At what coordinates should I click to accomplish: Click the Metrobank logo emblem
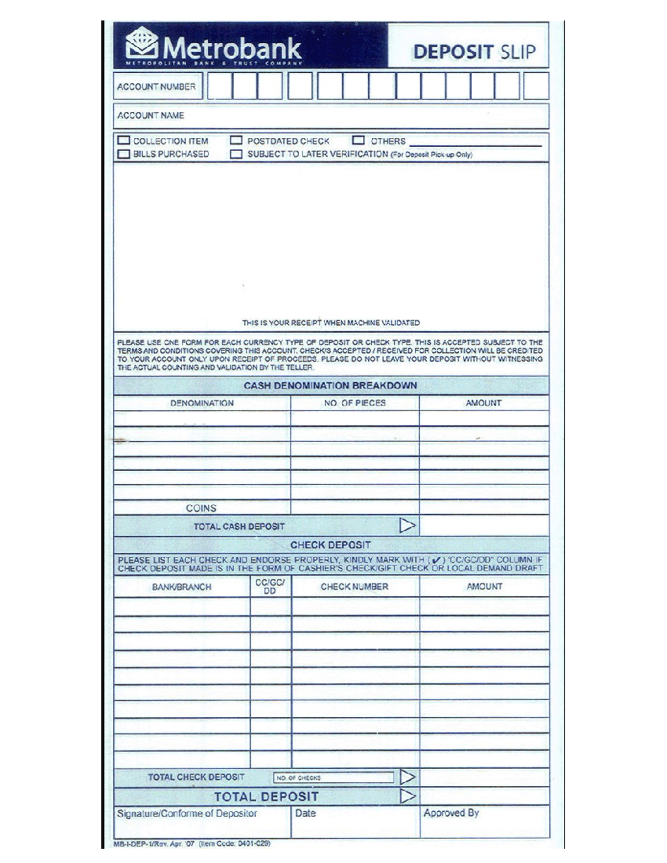[x=142, y=42]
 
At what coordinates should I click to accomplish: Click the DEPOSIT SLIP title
[x=474, y=52]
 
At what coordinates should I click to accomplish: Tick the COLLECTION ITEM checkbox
[x=123, y=141]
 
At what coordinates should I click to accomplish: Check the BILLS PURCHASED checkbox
[x=123, y=154]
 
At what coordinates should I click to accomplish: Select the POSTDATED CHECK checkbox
[x=236, y=141]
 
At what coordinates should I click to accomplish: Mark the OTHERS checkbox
[x=359, y=141]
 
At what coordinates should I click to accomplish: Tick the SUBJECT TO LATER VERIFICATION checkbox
[x=236, y=154]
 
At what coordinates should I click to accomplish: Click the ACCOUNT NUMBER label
[x=156, y=87]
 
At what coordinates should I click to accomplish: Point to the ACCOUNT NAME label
[x=151, y=116]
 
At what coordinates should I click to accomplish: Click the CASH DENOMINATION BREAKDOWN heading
[x=330, y=386]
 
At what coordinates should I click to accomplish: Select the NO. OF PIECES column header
[x=355, y=403]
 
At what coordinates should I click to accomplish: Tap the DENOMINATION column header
[x=202, y=403]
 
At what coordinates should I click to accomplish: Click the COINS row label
[x=201, y=508]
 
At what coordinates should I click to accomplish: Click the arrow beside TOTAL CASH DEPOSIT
[x=407, y=525]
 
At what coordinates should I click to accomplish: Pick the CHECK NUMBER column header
[x=355, y=587]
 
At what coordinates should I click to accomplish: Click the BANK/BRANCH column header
[x=182, y=587]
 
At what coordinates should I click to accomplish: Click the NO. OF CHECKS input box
[x=333, y=777]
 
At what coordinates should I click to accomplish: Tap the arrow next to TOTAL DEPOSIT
[x=407, y=796]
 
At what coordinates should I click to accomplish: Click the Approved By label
[x=451, y=813]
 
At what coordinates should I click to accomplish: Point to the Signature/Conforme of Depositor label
[x=187, y=814]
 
